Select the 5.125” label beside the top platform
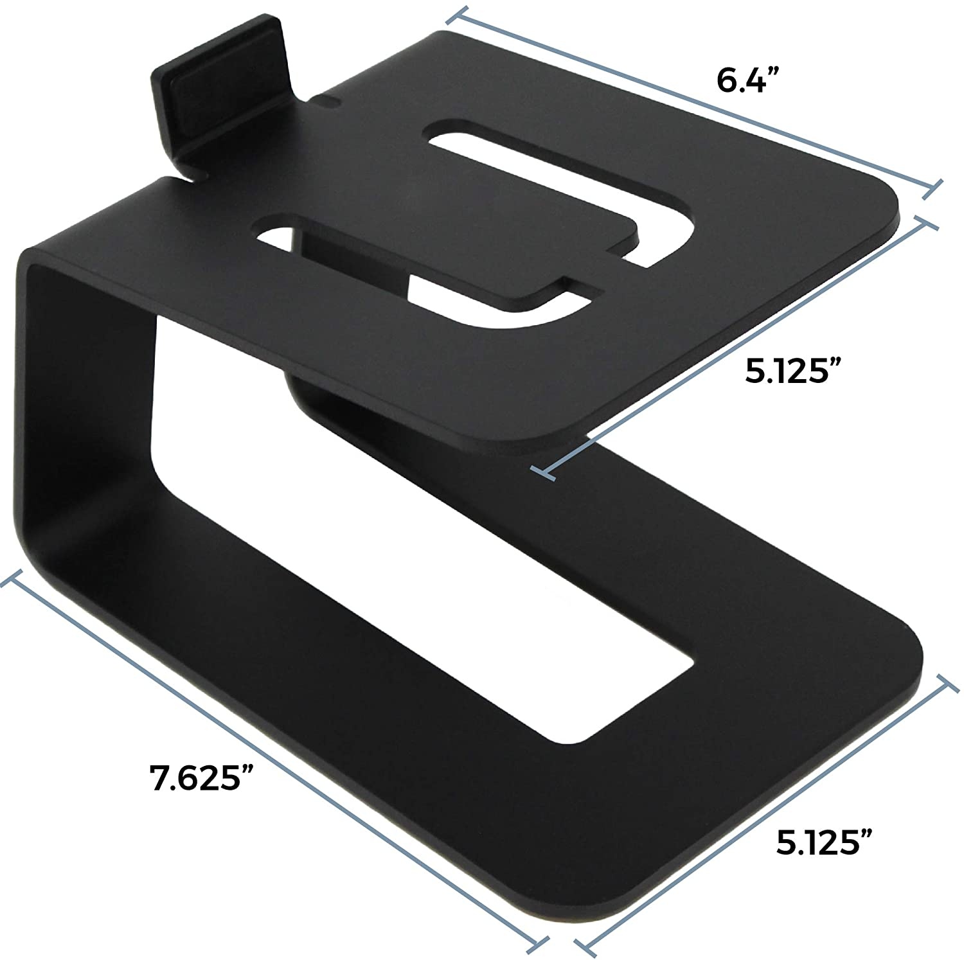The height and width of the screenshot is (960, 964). tap(794, 371)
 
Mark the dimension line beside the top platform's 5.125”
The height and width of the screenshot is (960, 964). tap(739, 348)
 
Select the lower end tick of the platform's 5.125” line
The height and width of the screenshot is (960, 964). tap(544, 474)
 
